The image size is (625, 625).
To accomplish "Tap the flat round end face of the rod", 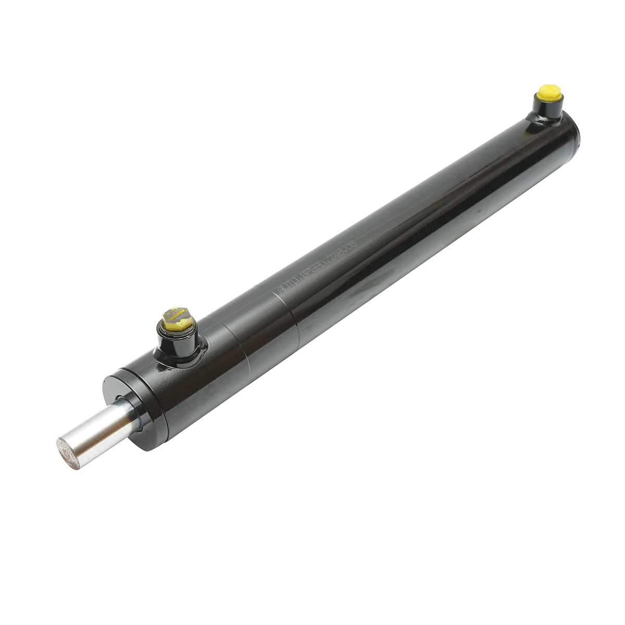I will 66,449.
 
